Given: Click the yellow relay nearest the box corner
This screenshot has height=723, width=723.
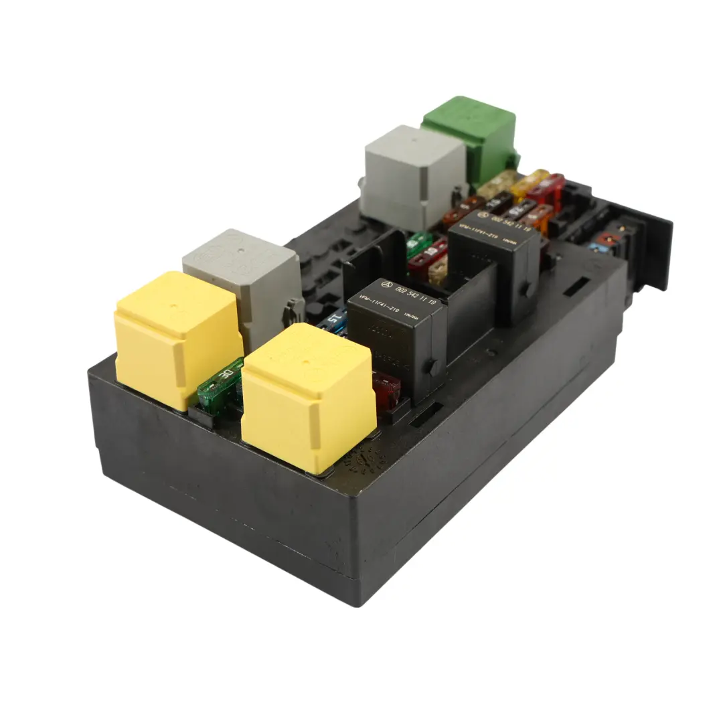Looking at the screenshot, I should [177, 338].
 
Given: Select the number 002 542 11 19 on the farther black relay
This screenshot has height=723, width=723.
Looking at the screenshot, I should [513, 224].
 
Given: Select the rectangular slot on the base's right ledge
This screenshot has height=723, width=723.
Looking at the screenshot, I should [576, 288].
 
